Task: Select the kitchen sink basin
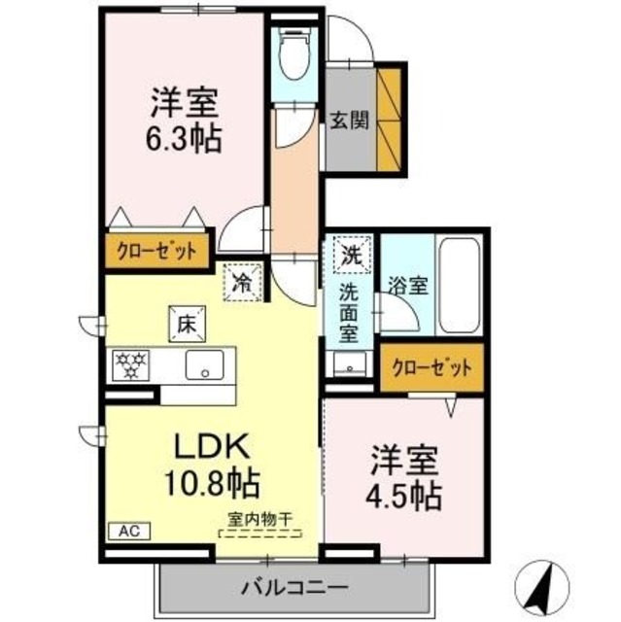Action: tap(206, 366)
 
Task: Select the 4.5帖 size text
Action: tap(405, 496)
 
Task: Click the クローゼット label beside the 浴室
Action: tap(431, 368)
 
